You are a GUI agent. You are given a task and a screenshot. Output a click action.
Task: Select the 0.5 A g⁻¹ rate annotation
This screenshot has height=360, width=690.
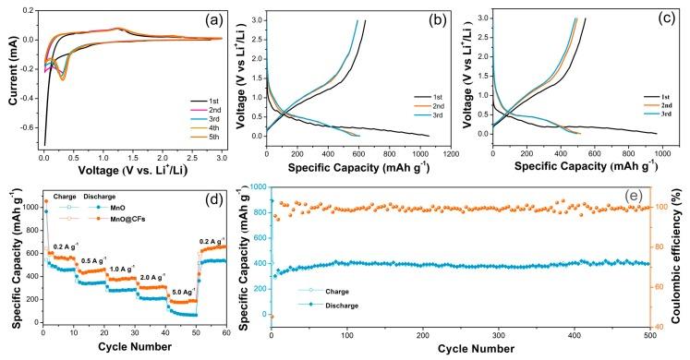[94, 260]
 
